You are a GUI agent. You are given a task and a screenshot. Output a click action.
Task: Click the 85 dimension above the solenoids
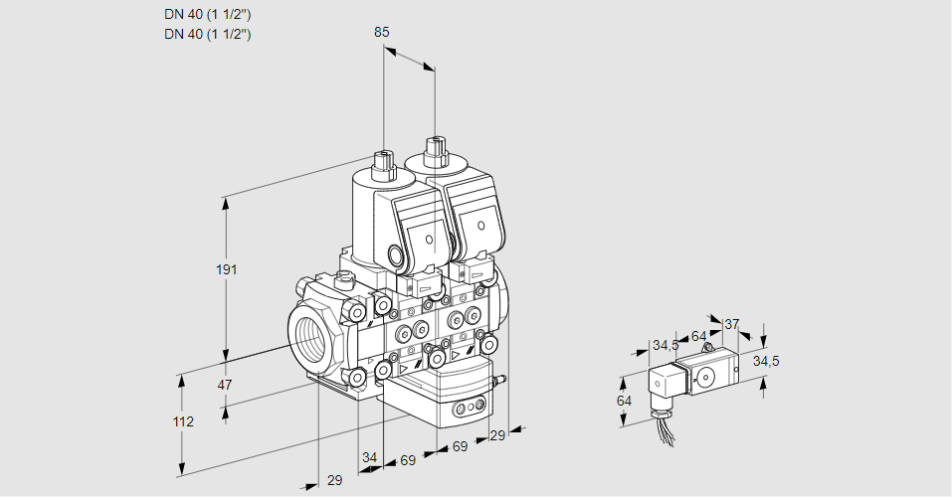381,32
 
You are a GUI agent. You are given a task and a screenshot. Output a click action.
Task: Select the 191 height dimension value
228,270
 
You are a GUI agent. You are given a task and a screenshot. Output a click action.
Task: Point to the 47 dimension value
225,385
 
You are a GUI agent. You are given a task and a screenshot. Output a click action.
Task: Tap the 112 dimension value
183,421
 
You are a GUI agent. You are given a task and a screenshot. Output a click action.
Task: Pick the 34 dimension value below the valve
370,457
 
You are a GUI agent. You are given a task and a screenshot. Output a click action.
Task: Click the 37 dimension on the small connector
732,324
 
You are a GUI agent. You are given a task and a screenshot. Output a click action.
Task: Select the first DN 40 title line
207,14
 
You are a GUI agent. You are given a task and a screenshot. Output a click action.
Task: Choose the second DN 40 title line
207,34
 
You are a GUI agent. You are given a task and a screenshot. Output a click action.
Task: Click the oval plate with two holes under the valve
466,408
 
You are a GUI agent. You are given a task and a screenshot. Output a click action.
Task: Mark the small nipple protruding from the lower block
502,379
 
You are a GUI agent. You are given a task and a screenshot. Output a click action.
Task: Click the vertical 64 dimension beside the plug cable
624,401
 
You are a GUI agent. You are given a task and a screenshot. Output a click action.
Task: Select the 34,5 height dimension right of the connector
766,361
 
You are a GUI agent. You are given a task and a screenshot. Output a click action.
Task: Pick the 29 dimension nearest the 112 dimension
334,480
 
